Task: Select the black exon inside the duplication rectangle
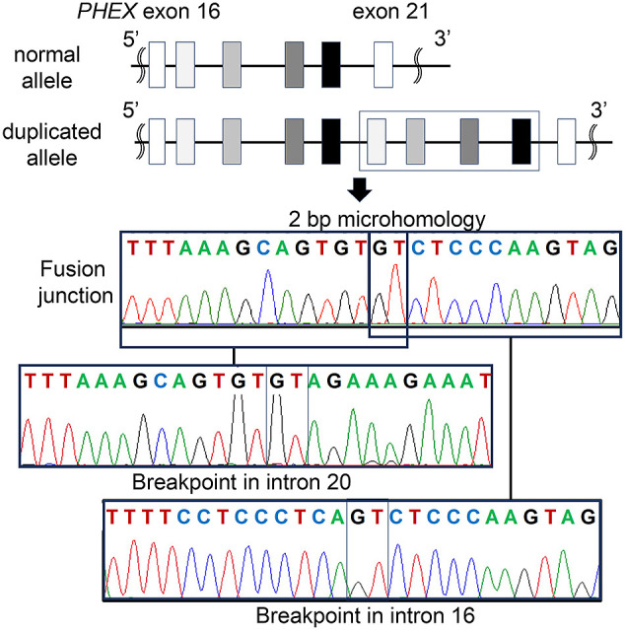[x=521, y=138]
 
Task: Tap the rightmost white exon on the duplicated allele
[x=566, y=138]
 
